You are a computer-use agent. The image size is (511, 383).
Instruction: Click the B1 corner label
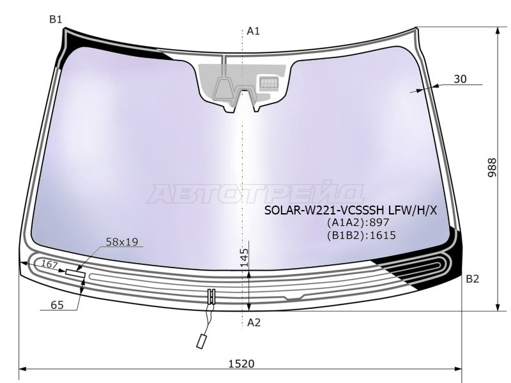pyautogui.click(x=56, y=20)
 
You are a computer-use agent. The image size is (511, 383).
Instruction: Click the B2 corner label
pyautogui.click(x=472, y=279)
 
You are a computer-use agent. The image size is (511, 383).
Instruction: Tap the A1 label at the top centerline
pyautogui.click(x=253, y=31)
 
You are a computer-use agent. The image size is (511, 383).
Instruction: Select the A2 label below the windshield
pyautogui.click(x=254, y=322)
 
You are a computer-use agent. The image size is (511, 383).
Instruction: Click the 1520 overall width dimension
pyautogui.click(x=241, y=363)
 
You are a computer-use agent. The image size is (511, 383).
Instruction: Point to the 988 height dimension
pyautogui.click(x=492, y=168)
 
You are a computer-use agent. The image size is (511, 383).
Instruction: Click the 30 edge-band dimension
pyautogui.click(x=460, y=79)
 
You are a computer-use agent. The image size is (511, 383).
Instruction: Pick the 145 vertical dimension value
pyautogui.click(x=245, y=258)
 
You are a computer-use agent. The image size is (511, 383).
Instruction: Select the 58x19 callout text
pyautogui.click(x=122, y=242)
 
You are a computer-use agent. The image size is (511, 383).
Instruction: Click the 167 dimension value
pyautogui.click(x=50, y=264)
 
